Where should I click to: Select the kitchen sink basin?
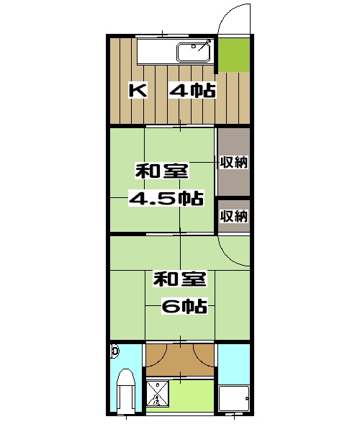(192, 52)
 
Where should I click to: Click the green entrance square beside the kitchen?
(233, 55)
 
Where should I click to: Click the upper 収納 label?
(234, 162)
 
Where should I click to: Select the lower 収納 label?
(234, 216)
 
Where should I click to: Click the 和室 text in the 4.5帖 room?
(163, 173)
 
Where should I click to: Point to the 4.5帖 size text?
(165, 198)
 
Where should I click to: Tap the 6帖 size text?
(184, 306)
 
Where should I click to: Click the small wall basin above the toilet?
(115, 352)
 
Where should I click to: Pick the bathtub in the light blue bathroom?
(233, 400)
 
